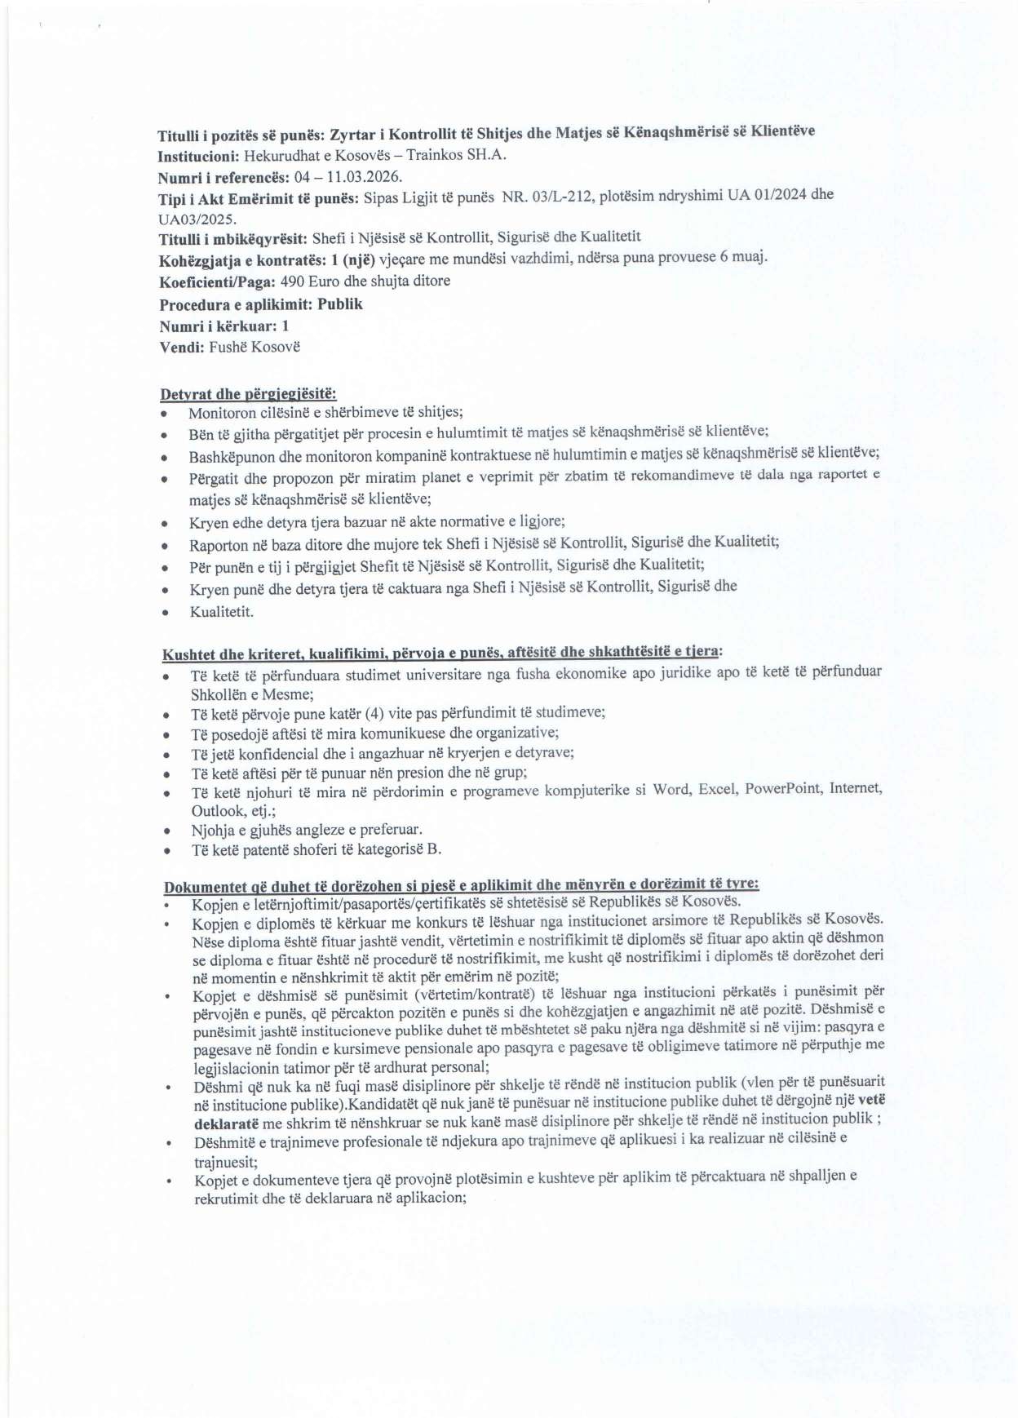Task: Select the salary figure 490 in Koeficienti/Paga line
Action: pyautogui.click(x=292, y=281)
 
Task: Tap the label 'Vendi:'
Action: pyautogui.click(x=182, y=347)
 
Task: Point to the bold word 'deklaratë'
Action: pyautogui.click(x=226, y=1123)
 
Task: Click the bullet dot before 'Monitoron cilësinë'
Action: pyautogui.click(x=164, y=414)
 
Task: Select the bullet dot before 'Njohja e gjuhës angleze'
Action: pyautogui.click(x=167, y=831)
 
